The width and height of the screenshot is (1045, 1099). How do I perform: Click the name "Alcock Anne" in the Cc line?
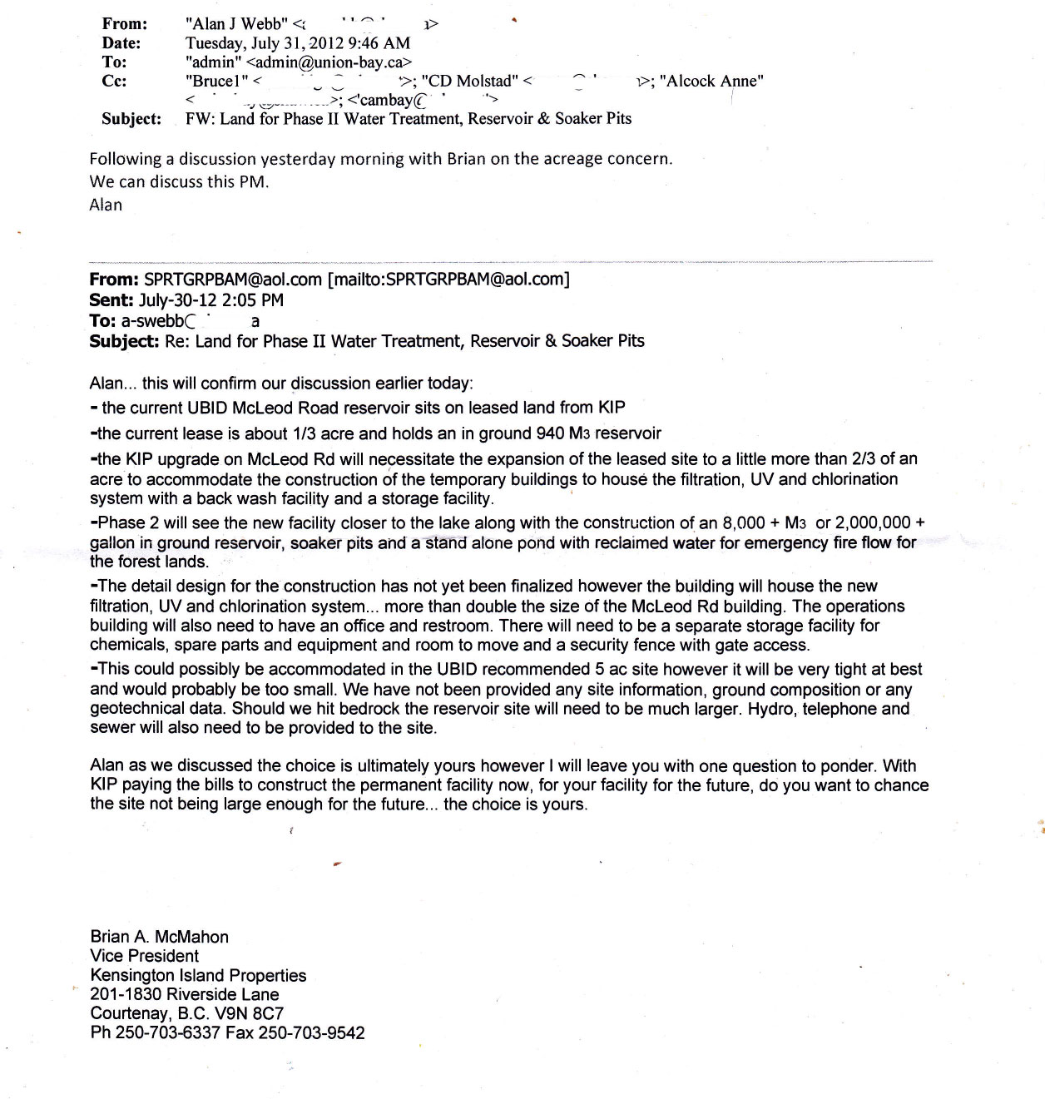tap(711, 82)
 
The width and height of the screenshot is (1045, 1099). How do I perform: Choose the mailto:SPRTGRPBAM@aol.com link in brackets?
tap(450, 280)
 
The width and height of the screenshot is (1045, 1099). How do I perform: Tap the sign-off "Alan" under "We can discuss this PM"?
tap(106, 205)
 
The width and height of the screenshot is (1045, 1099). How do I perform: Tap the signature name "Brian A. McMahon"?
tap(159, 937)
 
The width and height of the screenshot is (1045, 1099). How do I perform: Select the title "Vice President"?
tap(145, 956)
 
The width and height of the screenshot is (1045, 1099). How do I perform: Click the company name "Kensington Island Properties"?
tap(198, 975)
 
